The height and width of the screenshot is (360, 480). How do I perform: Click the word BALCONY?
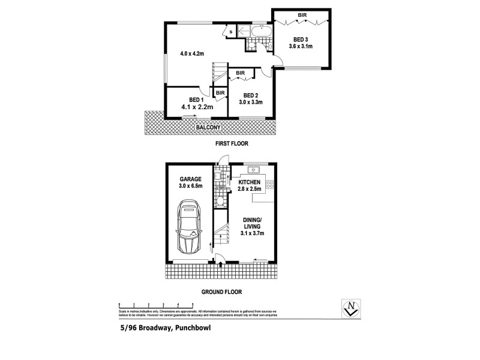[208, 128]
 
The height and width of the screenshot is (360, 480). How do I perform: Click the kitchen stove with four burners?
[270, 185]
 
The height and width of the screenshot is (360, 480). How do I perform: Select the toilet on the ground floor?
[220, 201]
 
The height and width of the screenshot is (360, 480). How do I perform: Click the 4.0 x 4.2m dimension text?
[191, 53]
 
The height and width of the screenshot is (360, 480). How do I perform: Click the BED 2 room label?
[251, 95]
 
